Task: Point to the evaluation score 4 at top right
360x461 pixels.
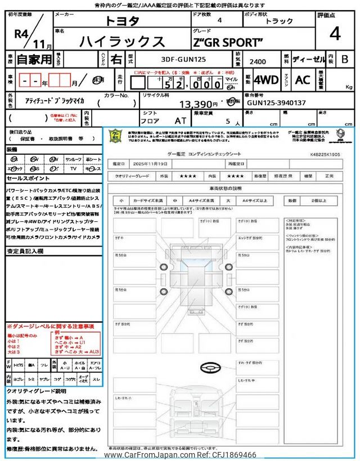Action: [335, 34]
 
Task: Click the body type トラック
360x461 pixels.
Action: [279, 21]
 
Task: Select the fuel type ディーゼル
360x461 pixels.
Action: [307, 59]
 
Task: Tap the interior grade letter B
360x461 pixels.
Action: [345, 59]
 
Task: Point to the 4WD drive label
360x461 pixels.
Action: [266, 80]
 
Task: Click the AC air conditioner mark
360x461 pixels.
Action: [303, 80]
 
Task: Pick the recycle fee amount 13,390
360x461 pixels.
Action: [198, 104]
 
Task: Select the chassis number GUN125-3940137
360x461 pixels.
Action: [276, 103]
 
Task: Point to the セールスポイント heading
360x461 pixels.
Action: [29, 178]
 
